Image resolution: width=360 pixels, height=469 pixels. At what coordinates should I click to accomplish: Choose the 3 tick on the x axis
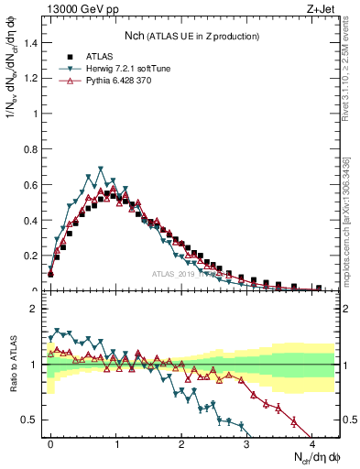pyautogui.click(x=246, y=442)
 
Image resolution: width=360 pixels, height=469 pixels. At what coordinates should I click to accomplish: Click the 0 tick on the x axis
pyautogui.click(x=50, y=442)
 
